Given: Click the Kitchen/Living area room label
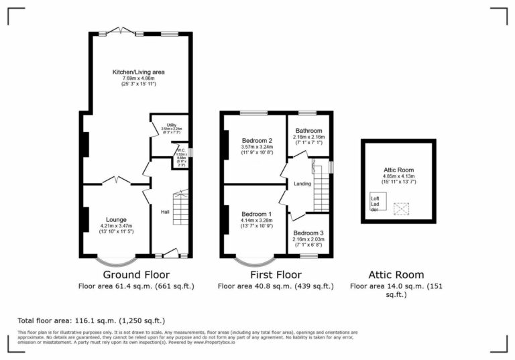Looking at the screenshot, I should [x=139, y=72].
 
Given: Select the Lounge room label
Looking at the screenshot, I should [x=115, y=219].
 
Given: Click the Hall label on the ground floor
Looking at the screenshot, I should [x=164, y=213].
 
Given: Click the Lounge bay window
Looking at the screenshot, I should [x=115, y=259].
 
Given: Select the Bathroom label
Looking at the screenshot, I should [x=308, y=131].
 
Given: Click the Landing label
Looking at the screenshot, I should [x=302, y=184].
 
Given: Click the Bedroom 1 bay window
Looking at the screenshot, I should [x=253, y=259].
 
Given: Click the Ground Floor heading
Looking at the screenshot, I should [x=135, y=275].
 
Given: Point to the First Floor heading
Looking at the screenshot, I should [x=275, y=275].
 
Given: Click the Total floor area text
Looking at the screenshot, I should [x=91, y=320].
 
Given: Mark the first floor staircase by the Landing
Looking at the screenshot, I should [x=323, y=186].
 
